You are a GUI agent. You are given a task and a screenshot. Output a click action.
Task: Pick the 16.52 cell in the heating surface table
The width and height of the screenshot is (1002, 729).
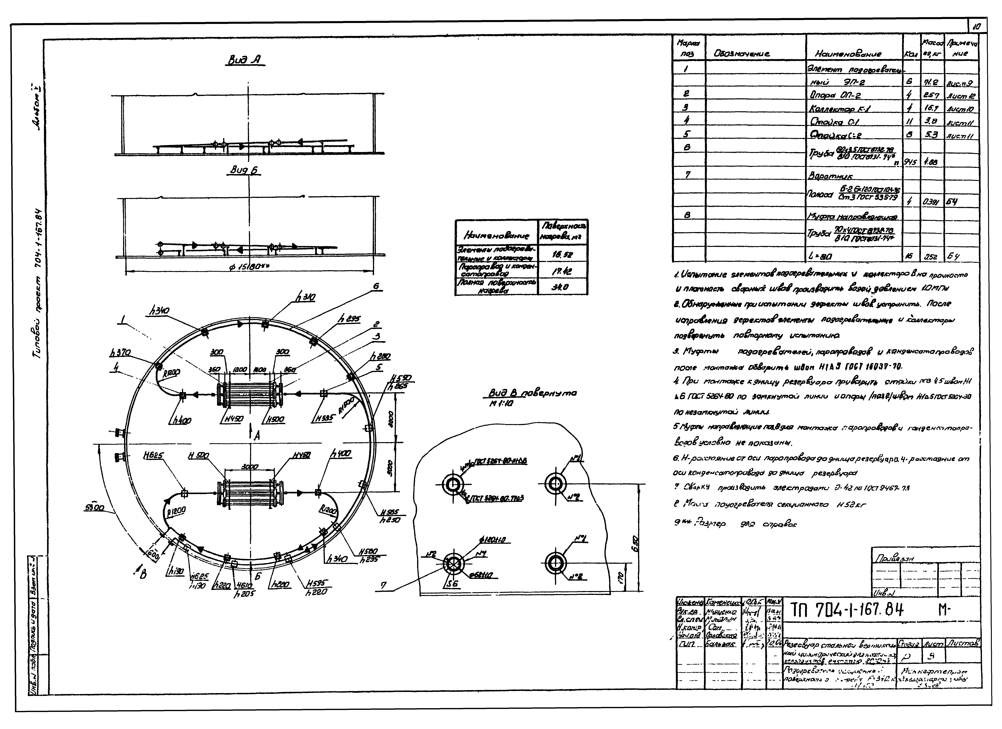562,255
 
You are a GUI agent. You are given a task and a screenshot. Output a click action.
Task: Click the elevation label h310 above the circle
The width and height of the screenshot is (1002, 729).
306,298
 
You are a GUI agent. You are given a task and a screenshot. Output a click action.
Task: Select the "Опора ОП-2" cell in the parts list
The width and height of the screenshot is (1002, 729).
835,95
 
